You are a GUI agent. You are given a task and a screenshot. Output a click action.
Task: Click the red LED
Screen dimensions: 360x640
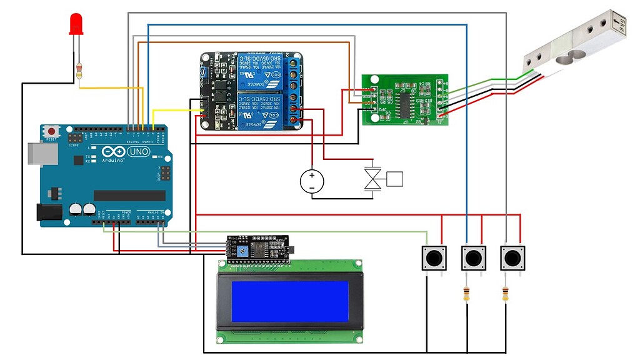(x=76, y=24)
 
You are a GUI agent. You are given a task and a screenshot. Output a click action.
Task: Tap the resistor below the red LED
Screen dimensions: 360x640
(x=79, y=71)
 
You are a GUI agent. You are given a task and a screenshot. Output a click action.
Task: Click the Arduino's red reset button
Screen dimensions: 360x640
(x=51, y=131)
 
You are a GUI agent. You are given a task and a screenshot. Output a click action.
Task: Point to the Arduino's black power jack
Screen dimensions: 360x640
(x=50, y=212)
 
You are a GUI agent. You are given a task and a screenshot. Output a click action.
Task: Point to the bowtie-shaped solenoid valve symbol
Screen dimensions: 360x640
(x=373, y=179)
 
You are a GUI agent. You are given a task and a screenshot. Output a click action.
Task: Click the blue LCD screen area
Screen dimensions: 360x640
(x=289, y=301)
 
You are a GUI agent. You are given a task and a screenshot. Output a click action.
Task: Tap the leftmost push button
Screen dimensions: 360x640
(x=434, y=257)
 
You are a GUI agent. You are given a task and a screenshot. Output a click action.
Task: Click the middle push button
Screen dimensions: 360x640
(x=473, y=257)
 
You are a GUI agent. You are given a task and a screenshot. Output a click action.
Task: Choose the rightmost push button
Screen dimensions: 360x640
(x=512, y=257)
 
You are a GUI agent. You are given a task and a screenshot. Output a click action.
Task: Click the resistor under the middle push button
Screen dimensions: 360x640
(x=466, y=294)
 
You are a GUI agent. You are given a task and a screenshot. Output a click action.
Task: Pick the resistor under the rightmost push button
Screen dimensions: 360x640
(x=505, y=294)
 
